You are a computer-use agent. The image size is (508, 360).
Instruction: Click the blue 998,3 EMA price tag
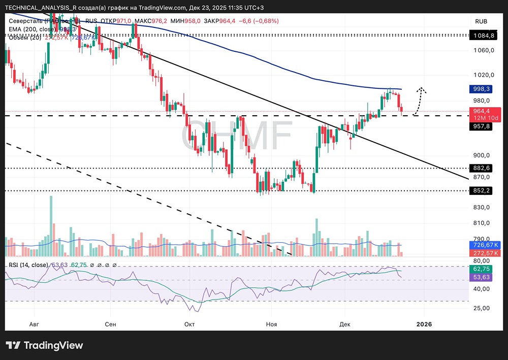coord(482,89)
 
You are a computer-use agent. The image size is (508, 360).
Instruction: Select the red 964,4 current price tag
coord(482,111)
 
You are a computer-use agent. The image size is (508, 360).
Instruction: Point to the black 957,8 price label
coord(482,126)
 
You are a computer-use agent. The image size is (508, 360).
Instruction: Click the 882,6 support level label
coord(482,168)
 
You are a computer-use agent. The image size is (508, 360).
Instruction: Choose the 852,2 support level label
coord(482,191)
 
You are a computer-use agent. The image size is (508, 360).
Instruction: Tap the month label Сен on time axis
coord(110,324)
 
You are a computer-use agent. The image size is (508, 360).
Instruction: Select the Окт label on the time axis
coord(189,324)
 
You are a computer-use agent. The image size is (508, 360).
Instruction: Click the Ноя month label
coord(271,324)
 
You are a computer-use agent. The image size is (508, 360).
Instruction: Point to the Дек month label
coord(345,324)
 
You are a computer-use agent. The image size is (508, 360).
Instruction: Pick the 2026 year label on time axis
coord(424,324)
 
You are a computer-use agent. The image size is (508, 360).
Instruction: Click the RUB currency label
coord(481,21)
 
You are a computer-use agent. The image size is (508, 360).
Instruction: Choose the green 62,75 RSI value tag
coord(482,269)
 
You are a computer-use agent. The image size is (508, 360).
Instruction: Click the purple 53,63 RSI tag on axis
coord(482,277)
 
